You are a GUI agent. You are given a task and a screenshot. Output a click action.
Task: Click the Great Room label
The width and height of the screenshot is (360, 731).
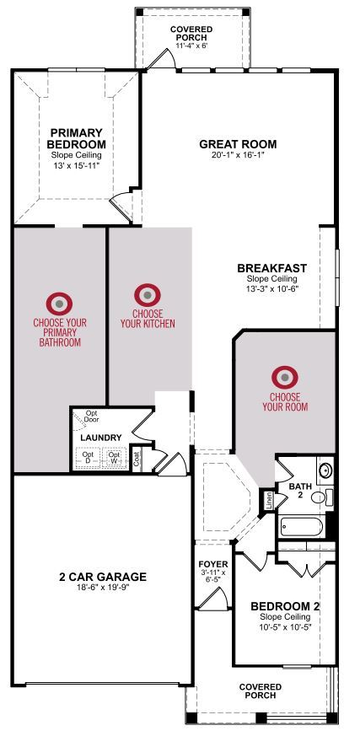238,144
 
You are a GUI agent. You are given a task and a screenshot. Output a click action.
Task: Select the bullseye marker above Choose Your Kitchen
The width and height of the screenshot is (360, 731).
148,295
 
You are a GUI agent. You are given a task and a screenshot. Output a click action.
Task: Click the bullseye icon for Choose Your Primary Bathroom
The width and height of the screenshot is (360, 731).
59,304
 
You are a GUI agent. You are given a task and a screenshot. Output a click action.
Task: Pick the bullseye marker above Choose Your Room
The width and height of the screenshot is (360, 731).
285,377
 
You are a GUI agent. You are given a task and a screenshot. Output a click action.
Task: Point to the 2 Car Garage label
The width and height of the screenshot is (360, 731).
103,577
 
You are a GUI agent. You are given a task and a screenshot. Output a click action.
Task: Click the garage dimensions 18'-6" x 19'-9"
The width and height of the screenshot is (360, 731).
103,587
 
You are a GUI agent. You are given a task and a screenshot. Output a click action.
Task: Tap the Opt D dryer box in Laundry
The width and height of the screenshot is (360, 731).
88,457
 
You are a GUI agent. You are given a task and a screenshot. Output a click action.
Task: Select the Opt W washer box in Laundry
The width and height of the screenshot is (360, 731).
115,457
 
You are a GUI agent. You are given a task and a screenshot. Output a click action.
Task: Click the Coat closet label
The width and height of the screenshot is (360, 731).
137,460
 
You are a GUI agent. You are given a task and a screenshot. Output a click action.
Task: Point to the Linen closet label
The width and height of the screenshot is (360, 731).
269,501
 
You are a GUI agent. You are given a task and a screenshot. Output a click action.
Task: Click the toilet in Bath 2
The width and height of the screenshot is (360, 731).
322,497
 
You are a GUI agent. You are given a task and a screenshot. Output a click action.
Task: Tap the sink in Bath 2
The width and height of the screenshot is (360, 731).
325,470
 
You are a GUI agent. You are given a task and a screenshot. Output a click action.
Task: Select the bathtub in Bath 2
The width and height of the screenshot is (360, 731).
302,527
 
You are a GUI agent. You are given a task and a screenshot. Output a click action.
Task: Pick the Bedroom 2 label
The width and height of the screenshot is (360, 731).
285,606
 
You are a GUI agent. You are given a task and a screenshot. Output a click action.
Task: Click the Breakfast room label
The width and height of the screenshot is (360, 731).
271,268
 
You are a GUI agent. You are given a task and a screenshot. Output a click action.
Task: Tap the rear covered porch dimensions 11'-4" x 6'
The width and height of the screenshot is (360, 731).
191,46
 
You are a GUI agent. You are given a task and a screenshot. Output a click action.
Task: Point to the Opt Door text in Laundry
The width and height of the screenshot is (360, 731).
91,417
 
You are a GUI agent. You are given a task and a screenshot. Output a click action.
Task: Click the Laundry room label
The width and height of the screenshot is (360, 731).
101,438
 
